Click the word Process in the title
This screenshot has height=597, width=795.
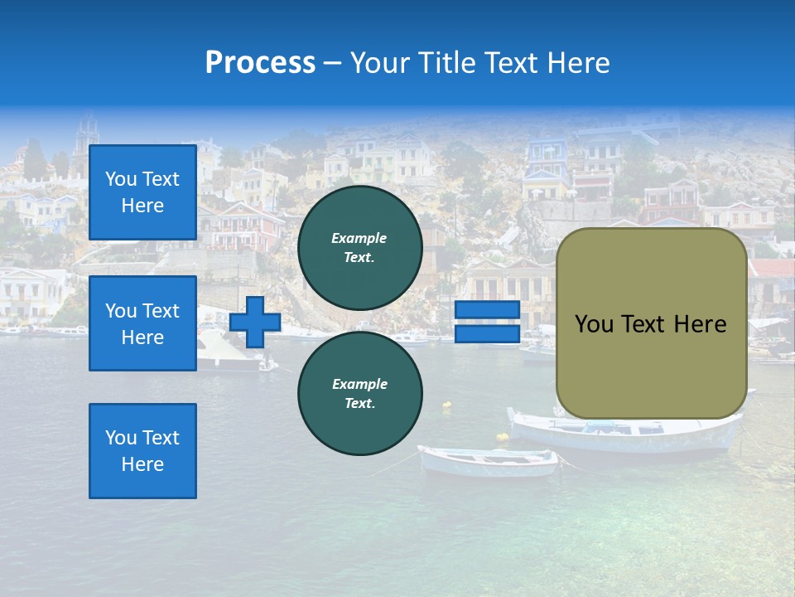[260, 63]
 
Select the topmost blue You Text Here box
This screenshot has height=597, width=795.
[142, 192]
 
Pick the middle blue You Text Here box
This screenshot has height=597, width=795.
[142, 323]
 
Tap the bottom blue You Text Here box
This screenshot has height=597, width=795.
[142, 450]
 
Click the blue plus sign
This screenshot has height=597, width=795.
[255, 323]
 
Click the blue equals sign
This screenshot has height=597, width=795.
[488, 322]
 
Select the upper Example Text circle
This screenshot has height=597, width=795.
[359, 247]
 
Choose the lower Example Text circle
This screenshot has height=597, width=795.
[359, 393]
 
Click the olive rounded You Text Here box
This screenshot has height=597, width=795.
[651, 323]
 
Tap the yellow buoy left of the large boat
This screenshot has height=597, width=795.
[503, 436]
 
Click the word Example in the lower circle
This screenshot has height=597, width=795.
[359, 384]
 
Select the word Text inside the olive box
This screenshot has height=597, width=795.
[647, 324]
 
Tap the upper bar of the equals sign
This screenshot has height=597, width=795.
[488, 310]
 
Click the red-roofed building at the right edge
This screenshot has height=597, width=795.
[774, 270]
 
